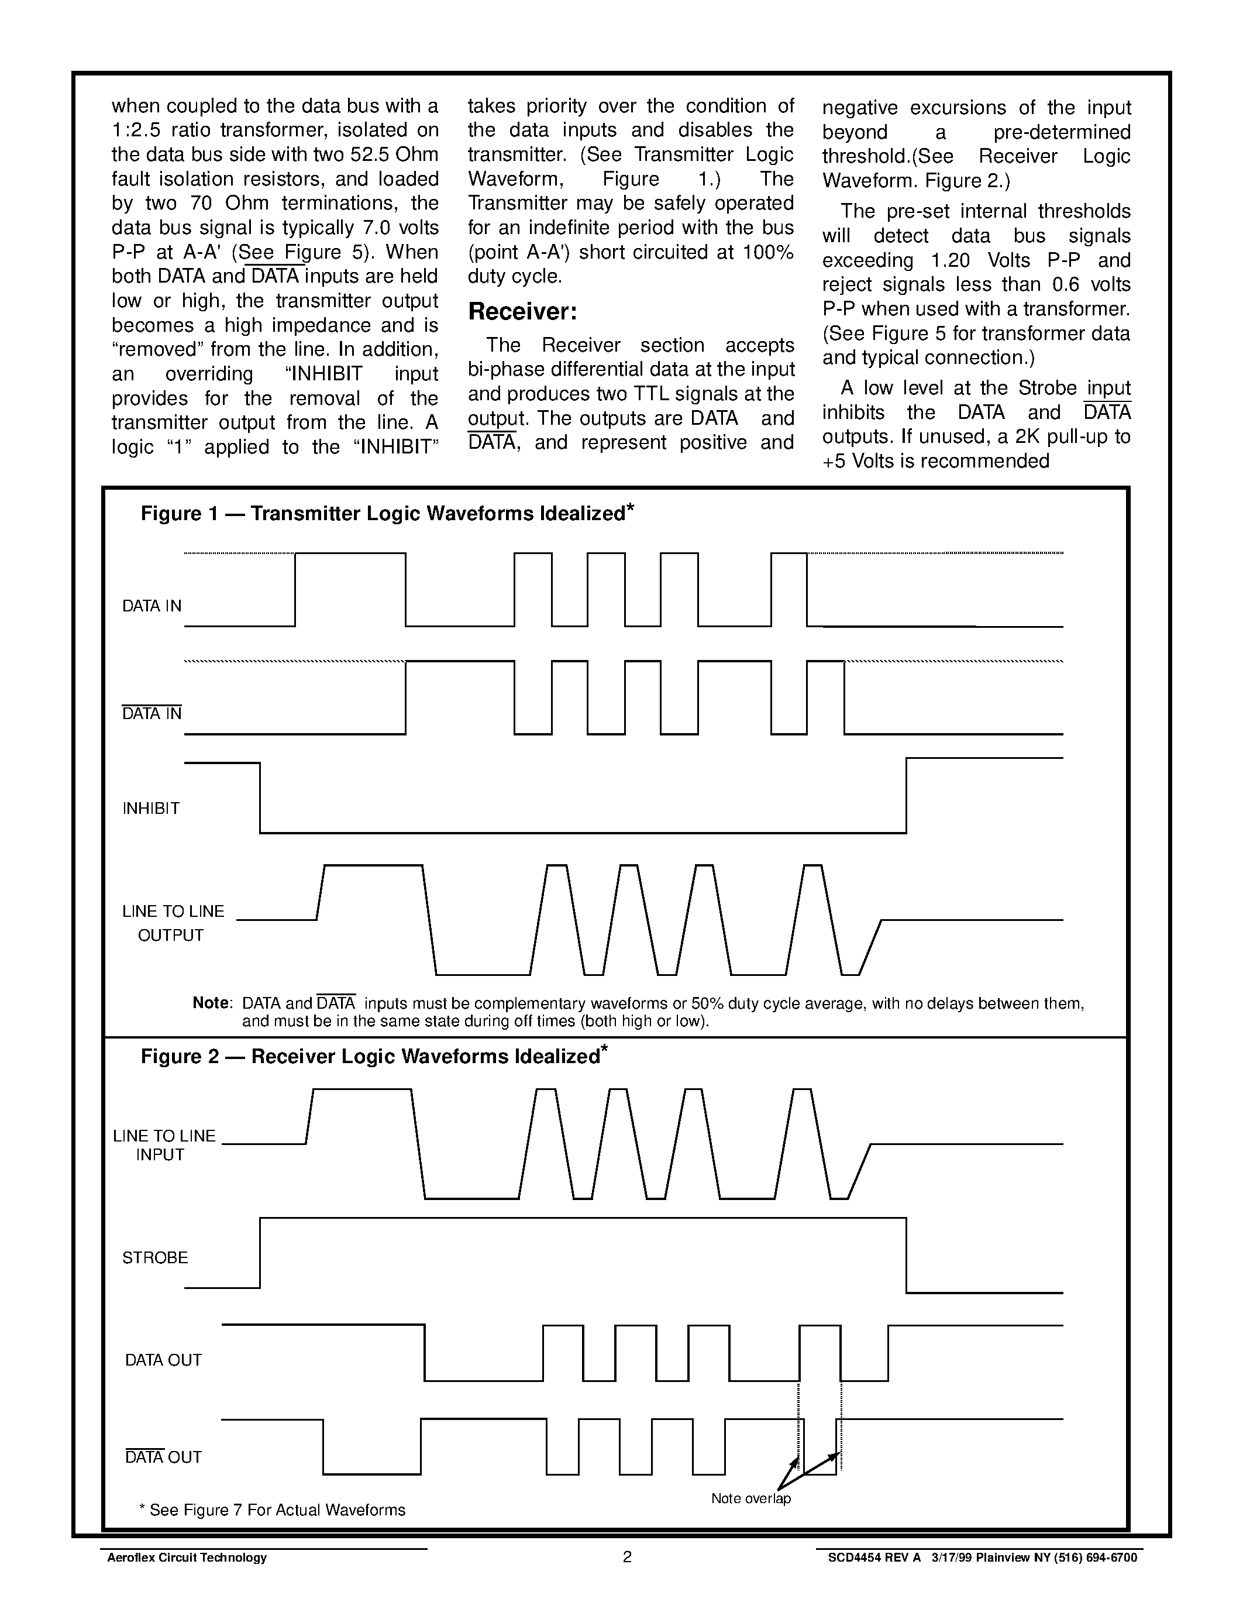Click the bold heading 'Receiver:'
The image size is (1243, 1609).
pyautogui.click(x=522, y=312)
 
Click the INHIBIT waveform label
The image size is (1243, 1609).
pyautogui.click(x=151, y=808)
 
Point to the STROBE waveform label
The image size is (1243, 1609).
pyautogui.click(x=154, y=1257)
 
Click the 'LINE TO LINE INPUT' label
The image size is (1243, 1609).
pyautogui.click(x=163, y=1146)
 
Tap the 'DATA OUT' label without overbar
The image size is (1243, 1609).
pyautogui.click(x=163, y=1360)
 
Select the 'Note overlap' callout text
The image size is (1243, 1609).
pyautogui.click(x=750, y=1498)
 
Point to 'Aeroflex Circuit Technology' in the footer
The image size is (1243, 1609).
pyautogui.click(x=187, y=1558)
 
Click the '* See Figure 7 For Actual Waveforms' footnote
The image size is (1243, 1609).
pyautogui.click(x=272, y=1510)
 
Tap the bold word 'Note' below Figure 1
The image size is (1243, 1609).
pyautogui.click(x=211, y=1003)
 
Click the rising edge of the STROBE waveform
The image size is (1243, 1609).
pyautogui.click(x=260, y=1253)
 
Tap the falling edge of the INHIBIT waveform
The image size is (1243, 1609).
pyautogui.click(x=260, y=798)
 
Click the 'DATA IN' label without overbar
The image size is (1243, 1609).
pyautogui.click(x=151, y=606)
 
